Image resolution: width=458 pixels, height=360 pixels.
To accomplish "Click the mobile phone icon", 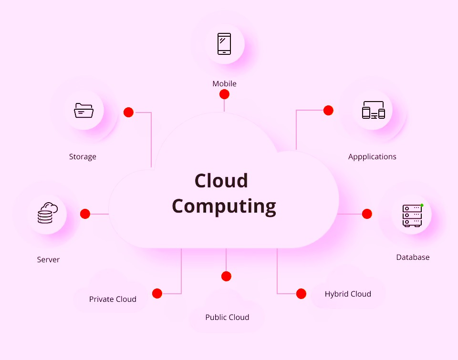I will pos(224,44).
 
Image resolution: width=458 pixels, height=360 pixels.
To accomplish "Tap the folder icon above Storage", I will pos(83,111).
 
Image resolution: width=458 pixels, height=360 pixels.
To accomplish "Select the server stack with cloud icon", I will pos(47,214).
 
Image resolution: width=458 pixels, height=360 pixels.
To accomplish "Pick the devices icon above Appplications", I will pos(373,110).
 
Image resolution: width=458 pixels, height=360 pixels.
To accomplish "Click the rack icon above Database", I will pos(412,215).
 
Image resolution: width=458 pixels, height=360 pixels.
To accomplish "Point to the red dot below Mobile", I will pos(224,94).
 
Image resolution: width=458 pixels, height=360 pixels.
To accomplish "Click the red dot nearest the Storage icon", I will pos(128,112).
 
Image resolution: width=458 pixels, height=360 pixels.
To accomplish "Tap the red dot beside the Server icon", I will pos(85,214).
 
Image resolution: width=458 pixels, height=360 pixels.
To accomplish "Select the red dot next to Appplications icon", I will pos(328,110).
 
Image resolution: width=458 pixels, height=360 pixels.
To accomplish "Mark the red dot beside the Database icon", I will pos(367,214).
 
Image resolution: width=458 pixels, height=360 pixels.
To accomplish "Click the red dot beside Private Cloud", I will pos(157,293).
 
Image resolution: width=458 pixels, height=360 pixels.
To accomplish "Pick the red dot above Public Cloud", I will pos(226,276).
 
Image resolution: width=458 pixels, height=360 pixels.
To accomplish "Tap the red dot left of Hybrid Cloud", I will pos(301,293).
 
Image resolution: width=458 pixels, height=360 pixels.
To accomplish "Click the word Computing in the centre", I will pos(224,206).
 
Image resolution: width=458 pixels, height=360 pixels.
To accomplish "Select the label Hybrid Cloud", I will pos(348,294).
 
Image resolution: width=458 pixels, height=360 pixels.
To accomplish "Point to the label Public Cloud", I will pos(227,317).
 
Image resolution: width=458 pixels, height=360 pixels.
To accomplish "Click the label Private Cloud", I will pos(113,299).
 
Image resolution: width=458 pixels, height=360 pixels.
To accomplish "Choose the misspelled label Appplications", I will pos(372,156).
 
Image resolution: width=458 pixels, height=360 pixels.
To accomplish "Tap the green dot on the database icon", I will pos(422,205).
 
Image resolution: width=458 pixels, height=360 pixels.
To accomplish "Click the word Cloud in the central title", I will pos(221,181).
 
